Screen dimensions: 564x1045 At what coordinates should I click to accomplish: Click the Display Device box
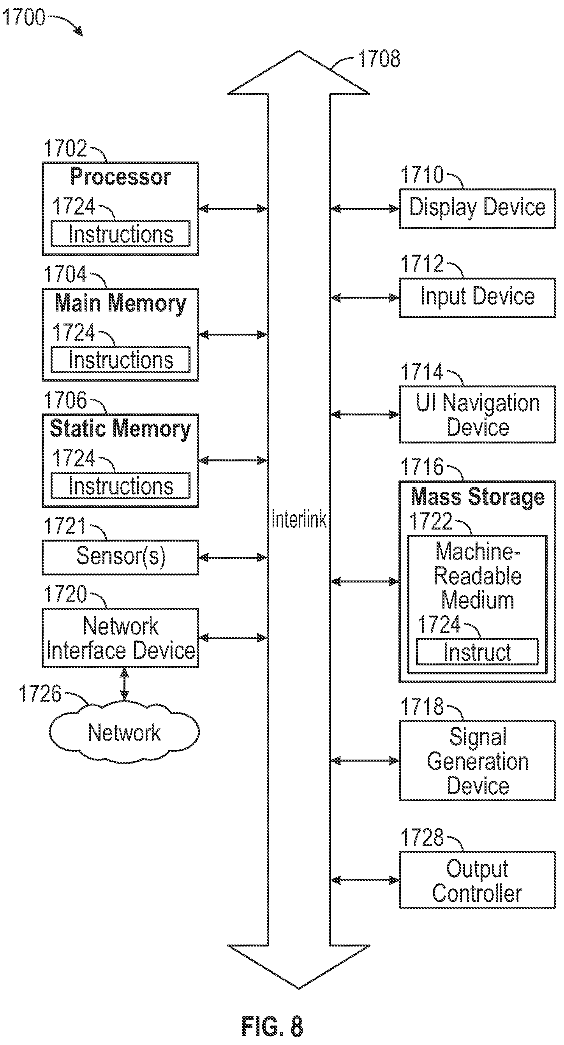pos(477,209)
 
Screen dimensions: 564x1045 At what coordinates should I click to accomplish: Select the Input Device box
pos(477,298)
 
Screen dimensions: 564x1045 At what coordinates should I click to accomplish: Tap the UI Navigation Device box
pos(477,414)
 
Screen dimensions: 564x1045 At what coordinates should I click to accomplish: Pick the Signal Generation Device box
pos(477,761)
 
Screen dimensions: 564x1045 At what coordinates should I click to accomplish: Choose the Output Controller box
pos(477,880)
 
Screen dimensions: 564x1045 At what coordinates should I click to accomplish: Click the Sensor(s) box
pos(120,558)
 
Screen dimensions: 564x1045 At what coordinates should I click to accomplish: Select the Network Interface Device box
pos(120,638)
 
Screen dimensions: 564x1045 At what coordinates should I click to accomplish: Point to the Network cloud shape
pos(124,732)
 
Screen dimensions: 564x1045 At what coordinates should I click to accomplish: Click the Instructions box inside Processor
pos(120,233)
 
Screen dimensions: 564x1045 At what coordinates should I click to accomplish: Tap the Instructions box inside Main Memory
pos(120,359)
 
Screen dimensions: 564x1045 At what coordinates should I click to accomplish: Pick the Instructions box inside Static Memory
pos(120,485)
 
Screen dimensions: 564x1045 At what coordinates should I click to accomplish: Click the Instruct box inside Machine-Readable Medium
pos(477,652)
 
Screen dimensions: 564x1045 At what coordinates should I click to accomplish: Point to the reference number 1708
pos(379,59)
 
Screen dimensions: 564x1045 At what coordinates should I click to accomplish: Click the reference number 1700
pos(23,17)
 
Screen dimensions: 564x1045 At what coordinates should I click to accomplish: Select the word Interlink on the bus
pos(299,519)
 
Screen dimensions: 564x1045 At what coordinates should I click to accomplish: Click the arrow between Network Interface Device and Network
pos(125,684)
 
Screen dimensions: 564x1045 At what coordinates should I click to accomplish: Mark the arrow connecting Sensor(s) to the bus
pos(233,558)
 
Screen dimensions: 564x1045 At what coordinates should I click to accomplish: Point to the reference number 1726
pos(40,693)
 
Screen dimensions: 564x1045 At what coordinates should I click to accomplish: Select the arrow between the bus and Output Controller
pos(365,880)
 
